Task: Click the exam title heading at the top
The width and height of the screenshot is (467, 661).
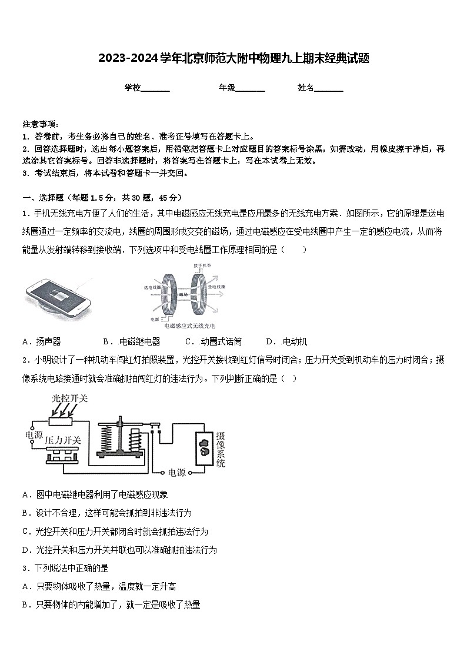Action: (233, 58)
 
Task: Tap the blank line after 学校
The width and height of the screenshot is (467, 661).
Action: (155, 88)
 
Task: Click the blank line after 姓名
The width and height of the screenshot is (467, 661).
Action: (329, 88)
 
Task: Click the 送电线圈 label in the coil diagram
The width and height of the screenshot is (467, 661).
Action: (152, 288)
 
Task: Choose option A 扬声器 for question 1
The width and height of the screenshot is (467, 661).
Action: (41, 341)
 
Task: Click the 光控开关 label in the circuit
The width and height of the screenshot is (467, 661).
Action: (69, 399)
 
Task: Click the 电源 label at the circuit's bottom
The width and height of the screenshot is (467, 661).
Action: (177, 472)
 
